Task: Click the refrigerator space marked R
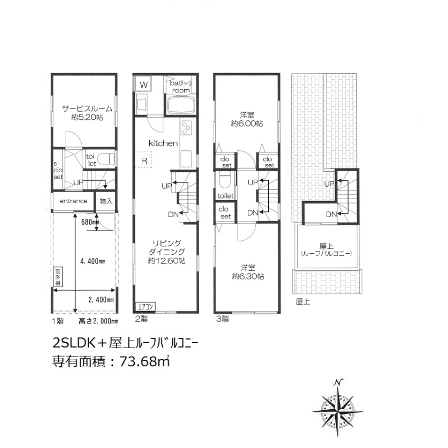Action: pyautogui.click(x=145, y=161)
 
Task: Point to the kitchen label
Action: pyautogui.click(x=163, y=143)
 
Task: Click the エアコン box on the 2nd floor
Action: pyautogui.click(x=145, y=307)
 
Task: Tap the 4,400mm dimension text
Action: pyautogui.click(x=92, y=261)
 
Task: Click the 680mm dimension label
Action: pyautogui.click(x=90, y=222)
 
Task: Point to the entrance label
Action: pyautogui.click(x=73, y=201)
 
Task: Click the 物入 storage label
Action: pyautogui.click(x=105, y=201)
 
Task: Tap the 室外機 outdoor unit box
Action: pyautogui.click(x=57, y=277)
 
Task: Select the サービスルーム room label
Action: pyautogui.click(x=87, y=109)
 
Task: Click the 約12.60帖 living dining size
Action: pyautogui.click(x=166, y=260)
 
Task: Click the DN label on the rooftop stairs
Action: pyautogui.click(x=331, y=214)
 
